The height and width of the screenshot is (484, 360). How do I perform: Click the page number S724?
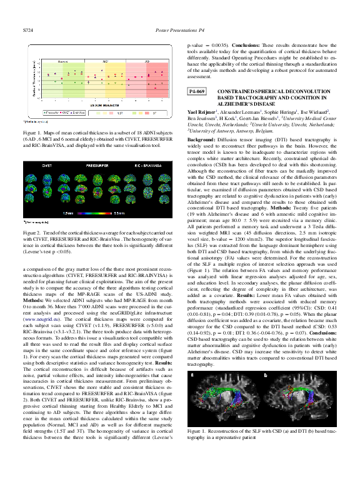(x=27, y=29)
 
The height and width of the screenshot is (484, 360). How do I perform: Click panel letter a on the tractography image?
(x=193, y=375)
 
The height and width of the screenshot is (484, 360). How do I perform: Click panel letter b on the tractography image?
(x=264, y=375)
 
